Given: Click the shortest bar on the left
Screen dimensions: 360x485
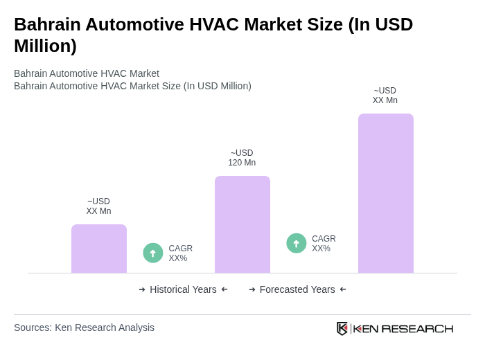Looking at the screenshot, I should pyautogui.click(x=99, y=249).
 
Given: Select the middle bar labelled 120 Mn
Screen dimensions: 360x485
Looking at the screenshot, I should pyautogui.click(x=242, y=224).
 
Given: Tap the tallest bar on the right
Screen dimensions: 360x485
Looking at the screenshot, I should pyautogui.click(x=386, y=193).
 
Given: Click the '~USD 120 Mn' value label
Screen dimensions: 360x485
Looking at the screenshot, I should pyautogui.click(x=242, y=158).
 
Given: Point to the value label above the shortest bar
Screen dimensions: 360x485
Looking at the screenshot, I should pyautogui.click(x=98, y=206).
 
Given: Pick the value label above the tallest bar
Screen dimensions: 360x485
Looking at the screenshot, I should pyautogui.click(x=385, y=96).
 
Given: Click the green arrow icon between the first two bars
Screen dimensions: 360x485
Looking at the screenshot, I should pyautogui.click(x=153, y=253).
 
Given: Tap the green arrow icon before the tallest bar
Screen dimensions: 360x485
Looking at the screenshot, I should pyautogui.click(x=297, y=243).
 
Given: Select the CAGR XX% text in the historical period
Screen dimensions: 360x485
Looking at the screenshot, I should pyautogui.click(x=180, y=253).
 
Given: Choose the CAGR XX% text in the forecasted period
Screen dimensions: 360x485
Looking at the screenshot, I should pyautogui.click(x=324, y=244).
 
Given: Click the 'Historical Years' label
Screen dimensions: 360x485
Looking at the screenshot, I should pyautogui.click(x=183, y=289).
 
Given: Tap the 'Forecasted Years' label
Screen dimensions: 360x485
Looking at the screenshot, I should pyautogui.click(x=297, y=289).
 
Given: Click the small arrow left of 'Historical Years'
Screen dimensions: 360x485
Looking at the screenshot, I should pyautogui.click(x=142, y=289).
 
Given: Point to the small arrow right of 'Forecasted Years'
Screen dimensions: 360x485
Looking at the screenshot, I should pyautogui.click(x=343, y=289).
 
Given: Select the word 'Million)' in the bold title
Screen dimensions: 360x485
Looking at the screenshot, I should pyautogui.click(x=45, y=46).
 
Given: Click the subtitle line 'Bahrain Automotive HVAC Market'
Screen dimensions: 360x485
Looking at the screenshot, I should pyautogui.click(x=87, y=73).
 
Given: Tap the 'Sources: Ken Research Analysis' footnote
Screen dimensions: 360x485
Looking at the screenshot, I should pyautogui.click(x=84, y=327).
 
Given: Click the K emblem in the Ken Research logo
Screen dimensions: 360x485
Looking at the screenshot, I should pyautogui.click(x=342, y=328).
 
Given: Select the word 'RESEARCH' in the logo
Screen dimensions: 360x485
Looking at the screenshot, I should pyautogui.click(x=417, y=328).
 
